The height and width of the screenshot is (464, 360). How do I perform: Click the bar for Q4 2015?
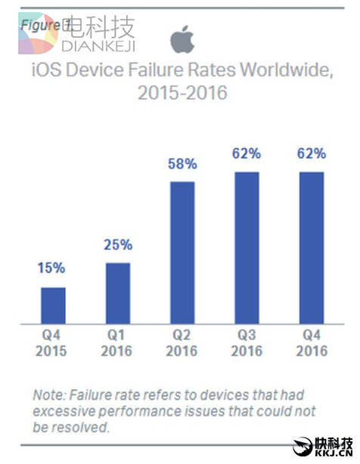(x=53, y=305)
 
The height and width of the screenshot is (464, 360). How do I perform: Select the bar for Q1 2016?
(x=118, y=292)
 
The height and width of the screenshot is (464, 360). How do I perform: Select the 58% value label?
(x=182, y=164)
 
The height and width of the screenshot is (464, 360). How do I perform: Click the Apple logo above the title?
(x=182, y=39)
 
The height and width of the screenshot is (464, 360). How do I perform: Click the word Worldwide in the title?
(x=285, y=72)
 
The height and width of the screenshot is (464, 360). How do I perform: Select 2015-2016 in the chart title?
(x=182, y=94)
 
